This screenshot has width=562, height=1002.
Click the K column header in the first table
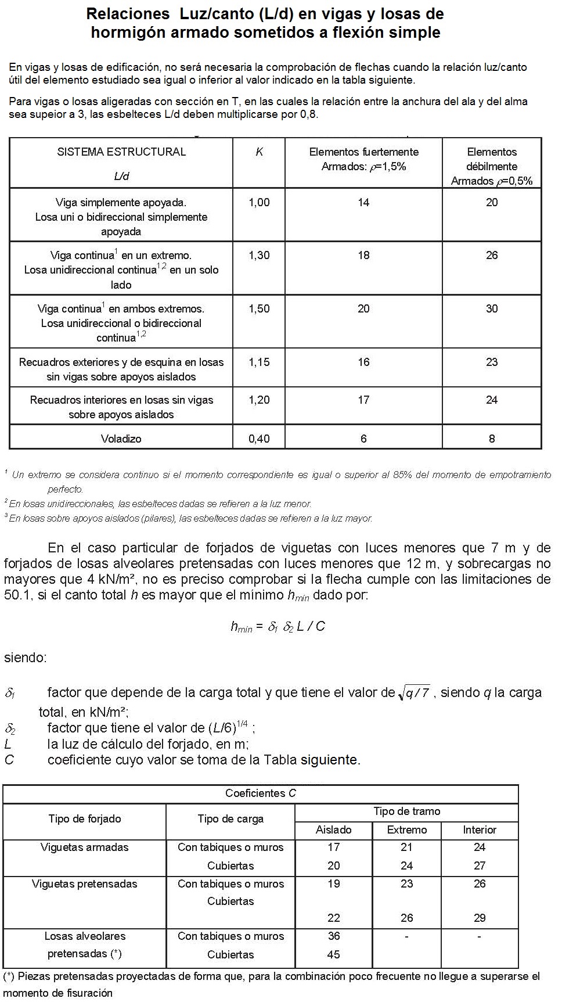point(259,152)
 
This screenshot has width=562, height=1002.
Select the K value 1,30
point(259,256)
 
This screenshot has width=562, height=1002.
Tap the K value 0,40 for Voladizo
point(259,439)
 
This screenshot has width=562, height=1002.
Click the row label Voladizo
point(121,439)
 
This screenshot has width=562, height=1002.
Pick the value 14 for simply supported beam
point(363,203)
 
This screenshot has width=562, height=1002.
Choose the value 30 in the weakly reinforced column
point(492,309)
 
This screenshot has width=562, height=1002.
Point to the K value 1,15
point(259,362)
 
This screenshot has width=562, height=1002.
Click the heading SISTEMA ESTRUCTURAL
point(121,152)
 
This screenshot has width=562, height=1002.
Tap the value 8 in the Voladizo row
point(492,439)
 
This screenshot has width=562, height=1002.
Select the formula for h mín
point(278,627)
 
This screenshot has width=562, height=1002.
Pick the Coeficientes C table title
point(261,793)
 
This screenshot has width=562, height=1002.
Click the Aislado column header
point(333,830)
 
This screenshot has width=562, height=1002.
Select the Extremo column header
point(406,830)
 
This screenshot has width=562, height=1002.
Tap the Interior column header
point(480,830)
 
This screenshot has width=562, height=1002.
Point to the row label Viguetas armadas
point(85,847)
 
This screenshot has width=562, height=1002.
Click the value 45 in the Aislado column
point(333,954)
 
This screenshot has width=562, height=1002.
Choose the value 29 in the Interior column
point(480,918)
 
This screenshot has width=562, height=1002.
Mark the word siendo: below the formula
point(26,658)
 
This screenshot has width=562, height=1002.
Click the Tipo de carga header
point(230,819)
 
